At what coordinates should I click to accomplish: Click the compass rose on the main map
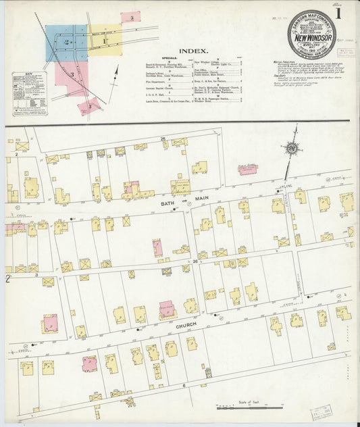click(292, 149)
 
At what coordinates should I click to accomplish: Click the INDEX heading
click(193, 51)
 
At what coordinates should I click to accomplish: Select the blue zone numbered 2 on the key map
click(66, 43)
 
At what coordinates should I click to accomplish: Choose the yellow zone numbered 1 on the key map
click(105, 41)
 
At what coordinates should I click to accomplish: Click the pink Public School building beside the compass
click(248, 169)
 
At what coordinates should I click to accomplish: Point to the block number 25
click(163, 139)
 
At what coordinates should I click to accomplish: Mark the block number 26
click(195, 261)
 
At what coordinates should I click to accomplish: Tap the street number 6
click(183, 386)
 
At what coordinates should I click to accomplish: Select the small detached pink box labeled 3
click(130, 17)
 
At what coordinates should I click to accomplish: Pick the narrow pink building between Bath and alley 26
click(157, 247)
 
